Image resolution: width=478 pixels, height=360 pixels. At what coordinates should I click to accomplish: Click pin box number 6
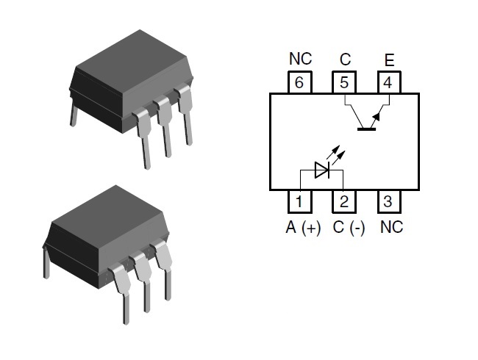299,82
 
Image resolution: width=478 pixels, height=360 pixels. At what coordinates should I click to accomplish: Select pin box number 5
344,82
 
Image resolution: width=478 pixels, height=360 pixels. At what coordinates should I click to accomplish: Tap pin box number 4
389,82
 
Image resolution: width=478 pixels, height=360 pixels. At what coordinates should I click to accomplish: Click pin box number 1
299,201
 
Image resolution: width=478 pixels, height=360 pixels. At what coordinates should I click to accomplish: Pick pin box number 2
344,201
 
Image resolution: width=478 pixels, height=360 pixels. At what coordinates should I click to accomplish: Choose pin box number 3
389,201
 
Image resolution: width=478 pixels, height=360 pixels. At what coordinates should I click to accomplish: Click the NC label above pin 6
300,59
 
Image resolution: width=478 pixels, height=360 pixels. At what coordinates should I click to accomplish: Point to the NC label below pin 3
392,227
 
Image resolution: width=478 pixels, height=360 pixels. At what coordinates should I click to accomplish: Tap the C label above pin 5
345,60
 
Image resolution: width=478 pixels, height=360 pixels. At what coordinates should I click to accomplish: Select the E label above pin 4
389,60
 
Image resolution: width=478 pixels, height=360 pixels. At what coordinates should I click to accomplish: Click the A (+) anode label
303,228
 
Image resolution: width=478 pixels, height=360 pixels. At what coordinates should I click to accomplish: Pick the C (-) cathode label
349,228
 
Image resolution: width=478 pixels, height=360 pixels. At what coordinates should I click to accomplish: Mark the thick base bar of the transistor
366,129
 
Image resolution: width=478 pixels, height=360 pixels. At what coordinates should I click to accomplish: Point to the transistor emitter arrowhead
377,117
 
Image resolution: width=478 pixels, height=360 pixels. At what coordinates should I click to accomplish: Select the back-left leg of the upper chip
74,115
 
